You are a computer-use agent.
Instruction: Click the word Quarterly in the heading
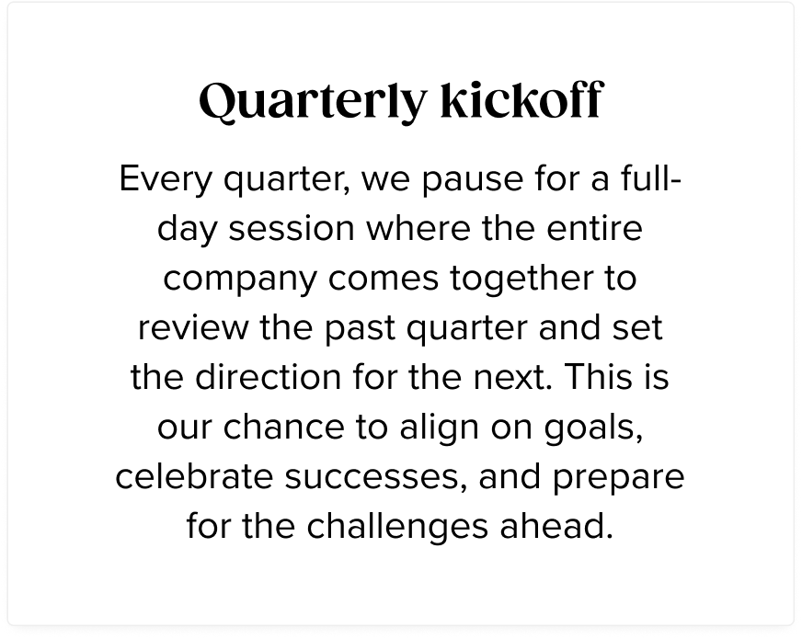click(313, 101)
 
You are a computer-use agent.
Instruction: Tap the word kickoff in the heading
click(521, 99)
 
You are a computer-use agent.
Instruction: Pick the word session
click(291, 229)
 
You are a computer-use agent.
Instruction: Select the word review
click(193, 327)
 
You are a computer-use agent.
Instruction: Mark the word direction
click(268, 377)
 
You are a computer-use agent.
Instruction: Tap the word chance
click(284, 427)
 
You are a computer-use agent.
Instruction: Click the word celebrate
click(194, 476)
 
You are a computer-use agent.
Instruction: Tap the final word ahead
click(556, 526)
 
